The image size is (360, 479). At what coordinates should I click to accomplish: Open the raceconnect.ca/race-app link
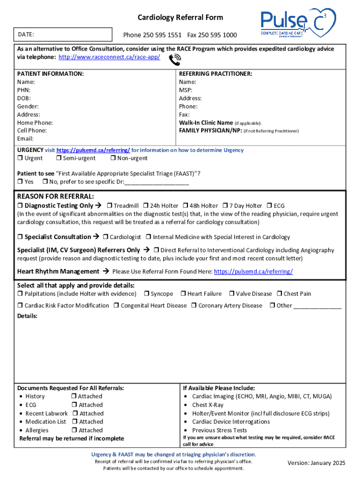click(x=109, y=57)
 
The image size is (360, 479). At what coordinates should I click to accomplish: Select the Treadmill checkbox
click(x=109, y=206)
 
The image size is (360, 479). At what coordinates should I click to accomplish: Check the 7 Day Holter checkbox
click(x=225, y=206)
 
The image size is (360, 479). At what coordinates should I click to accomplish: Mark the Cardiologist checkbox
click(x=105, y=237)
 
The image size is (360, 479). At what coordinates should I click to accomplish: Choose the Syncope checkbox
click(x=146, y=294)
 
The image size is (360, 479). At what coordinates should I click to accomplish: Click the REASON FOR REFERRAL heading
click(x=56, y=196)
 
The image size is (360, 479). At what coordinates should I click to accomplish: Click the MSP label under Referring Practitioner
click(x=186, y=90)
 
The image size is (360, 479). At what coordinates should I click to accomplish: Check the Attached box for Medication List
click(x=75, y=422)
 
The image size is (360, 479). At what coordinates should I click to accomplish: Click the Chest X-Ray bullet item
click(x=208, y=405)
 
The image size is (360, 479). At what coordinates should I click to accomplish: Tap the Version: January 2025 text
click(x=317, y=463)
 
